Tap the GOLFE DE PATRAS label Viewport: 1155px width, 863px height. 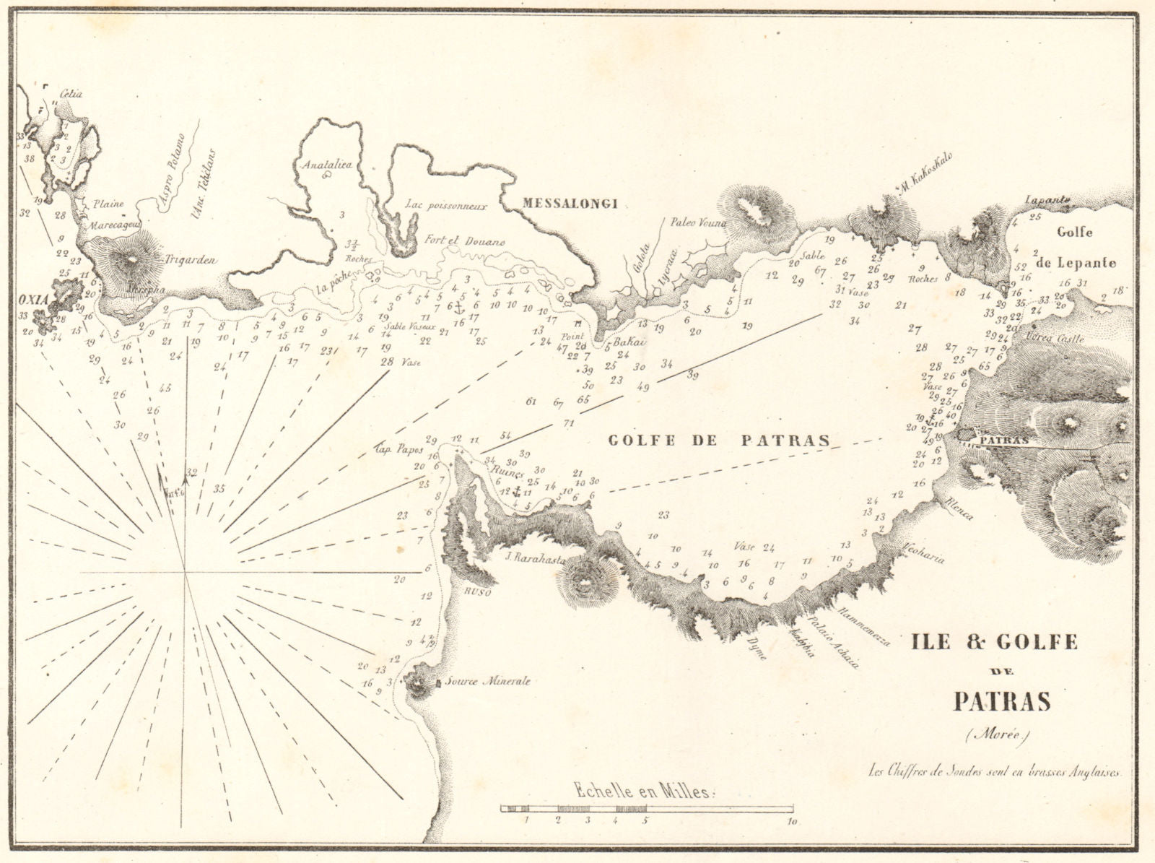[718, 440]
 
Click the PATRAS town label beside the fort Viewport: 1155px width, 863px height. [1003, 438]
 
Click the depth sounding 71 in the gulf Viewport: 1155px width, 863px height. [568, 423]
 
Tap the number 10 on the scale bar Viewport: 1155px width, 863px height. [793, 821]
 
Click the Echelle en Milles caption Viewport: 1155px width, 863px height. [643, 792]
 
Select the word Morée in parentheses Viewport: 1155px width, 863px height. [1000, 736]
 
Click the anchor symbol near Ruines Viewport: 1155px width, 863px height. [515, 490]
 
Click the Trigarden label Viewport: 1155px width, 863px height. [191, 261]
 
